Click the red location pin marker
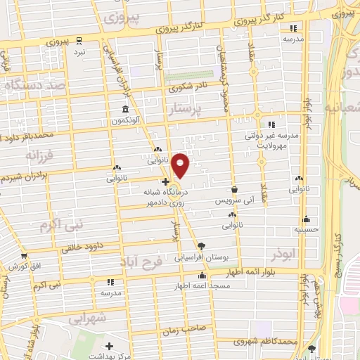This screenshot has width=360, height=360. tap(181, 165)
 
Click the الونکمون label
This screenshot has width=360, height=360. tap(125, 120)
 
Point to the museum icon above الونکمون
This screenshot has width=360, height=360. tap(125, 109)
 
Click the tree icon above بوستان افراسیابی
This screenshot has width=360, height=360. tap(202, 246)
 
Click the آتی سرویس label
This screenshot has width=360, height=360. tap(233, 201)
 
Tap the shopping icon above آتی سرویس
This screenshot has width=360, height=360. tap(233, 189)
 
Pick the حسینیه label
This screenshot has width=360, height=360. tap(307, 229)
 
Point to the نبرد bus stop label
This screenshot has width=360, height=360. tap(80, 52)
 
